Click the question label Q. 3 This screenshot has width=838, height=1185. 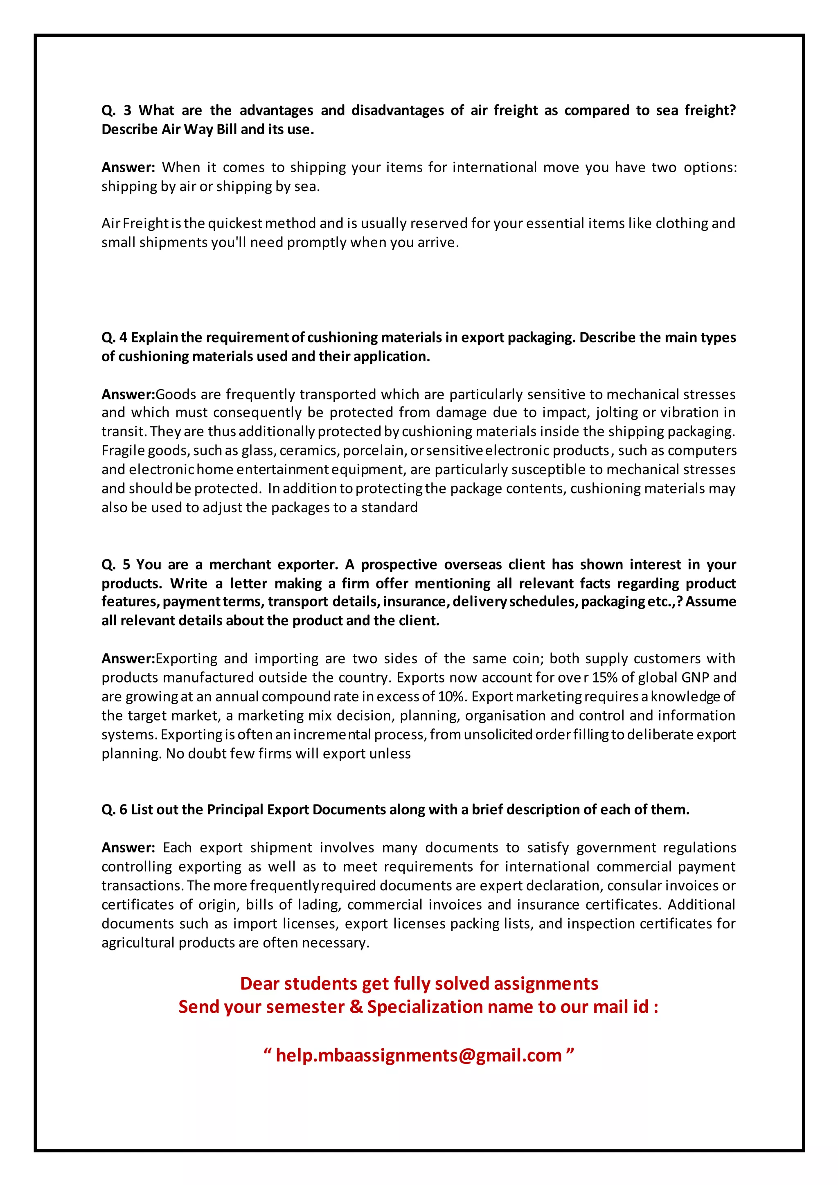(116, 110)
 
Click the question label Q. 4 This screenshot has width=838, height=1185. (114, 338)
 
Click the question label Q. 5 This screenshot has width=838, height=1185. (116, 565)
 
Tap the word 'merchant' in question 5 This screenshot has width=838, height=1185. (240, 565)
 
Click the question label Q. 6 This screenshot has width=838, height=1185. (114, 810)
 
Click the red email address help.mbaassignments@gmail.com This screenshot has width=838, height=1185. (419, 1055)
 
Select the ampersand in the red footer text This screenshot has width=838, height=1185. (356, 1007)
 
